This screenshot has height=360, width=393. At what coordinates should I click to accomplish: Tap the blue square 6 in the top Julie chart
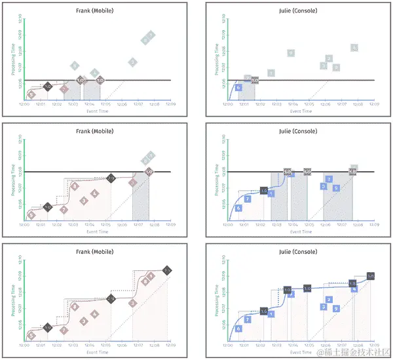(238, 87)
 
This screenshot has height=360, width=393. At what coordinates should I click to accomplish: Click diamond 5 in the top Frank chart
(31, 94)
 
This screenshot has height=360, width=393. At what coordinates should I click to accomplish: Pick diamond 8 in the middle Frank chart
(75, 187)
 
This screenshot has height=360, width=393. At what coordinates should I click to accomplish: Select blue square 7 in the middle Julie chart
(247, 199)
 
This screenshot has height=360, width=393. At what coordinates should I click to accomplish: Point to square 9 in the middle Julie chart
(336, 188)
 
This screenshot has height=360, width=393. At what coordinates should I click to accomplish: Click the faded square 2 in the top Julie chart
(329, 59)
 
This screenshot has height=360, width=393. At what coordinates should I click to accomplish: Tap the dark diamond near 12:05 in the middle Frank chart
(111, 178)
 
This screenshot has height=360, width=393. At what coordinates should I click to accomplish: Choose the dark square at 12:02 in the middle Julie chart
(263, 191)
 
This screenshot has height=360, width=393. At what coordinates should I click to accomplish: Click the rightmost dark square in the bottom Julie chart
(370, 276)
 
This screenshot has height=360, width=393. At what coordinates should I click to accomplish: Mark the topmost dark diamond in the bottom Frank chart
(167, 270)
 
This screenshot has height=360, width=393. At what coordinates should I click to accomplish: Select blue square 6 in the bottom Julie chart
(238, 328)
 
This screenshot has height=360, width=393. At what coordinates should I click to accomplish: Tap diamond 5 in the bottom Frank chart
(31, 335)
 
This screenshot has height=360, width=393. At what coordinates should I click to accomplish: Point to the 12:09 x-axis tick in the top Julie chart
(373, 104)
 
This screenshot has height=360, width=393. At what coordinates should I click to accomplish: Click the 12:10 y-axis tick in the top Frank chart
(19, 14)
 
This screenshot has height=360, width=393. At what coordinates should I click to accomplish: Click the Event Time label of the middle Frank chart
(98, 231)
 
